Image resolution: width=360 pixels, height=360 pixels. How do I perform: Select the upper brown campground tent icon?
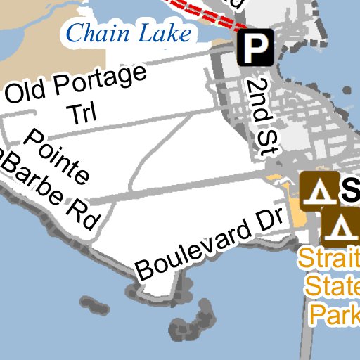(x=320, y=189)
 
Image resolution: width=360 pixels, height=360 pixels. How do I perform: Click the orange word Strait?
(x=329, y=259)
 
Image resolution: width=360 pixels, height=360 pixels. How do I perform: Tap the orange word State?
(x=331, y=287)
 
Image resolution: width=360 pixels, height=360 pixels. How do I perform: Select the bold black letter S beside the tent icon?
(x=351, y=188)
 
